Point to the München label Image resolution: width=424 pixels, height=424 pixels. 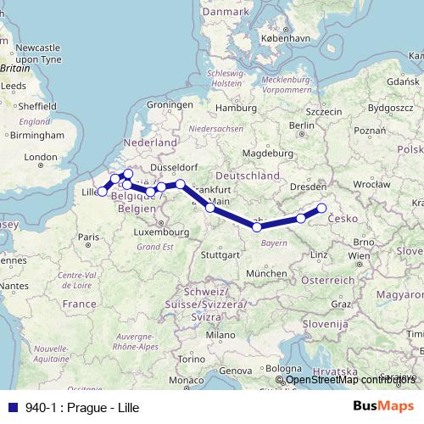point(267,274)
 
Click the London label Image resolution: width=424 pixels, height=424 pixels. point(40,157)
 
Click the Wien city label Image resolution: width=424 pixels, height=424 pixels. point(358,255)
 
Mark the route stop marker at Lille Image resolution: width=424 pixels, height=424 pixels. point(103,192)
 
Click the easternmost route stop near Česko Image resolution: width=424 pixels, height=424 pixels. point(321,209)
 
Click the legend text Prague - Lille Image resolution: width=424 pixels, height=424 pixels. point(78,407)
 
